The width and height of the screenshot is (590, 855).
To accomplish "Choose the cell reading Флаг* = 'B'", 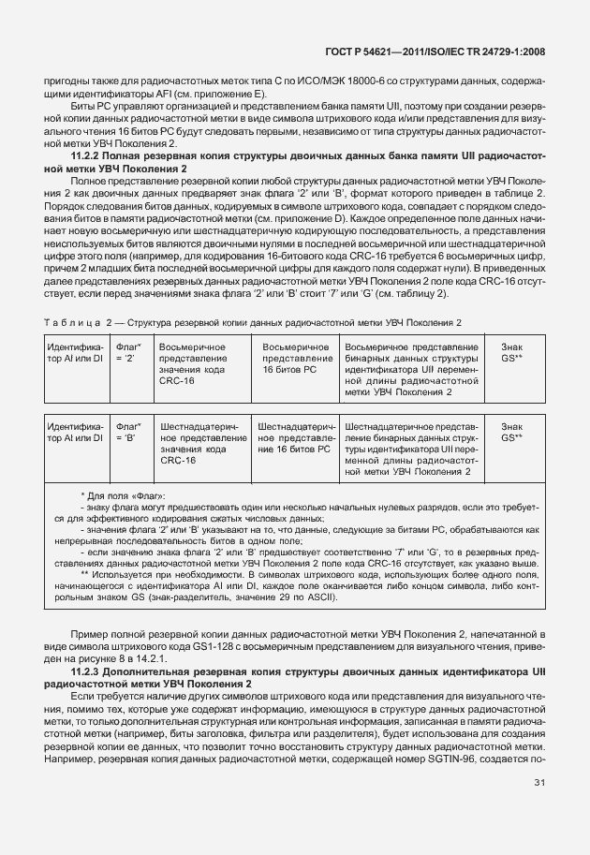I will pos(127,432).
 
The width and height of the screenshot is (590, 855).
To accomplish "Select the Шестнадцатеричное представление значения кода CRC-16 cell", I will pos(202,443).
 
